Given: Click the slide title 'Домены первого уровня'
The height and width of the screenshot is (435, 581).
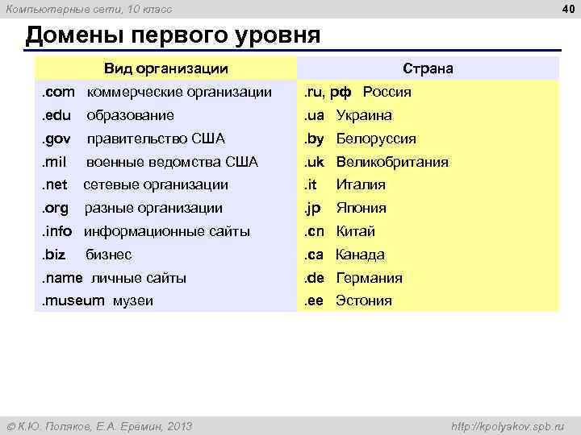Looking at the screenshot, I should tap(173, 36).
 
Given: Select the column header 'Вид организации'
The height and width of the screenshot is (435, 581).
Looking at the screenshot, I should tap(166, 68).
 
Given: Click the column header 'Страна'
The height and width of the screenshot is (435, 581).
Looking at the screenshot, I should tap(428, 68).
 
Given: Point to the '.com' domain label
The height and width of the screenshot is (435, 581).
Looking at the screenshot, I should tap(57, 92).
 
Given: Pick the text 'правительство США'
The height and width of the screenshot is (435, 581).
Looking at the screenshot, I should tap(156, 139).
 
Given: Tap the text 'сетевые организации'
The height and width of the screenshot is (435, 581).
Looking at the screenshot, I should tap(157, 184).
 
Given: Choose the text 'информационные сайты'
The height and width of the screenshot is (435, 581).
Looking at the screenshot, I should tap(167, 231).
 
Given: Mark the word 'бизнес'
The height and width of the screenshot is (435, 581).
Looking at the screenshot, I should tap(109, 255).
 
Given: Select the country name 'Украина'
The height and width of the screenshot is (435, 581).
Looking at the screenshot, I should tap(364, 115).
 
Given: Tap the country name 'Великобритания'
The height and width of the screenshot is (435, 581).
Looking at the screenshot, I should tap(392, 162).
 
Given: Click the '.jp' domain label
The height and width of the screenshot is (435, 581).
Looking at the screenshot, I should tap(312, 208).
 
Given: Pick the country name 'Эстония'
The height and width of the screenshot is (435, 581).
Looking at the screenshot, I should tap(364, 301).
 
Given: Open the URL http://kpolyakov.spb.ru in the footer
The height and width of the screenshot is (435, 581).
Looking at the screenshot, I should tap(508, 425).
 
